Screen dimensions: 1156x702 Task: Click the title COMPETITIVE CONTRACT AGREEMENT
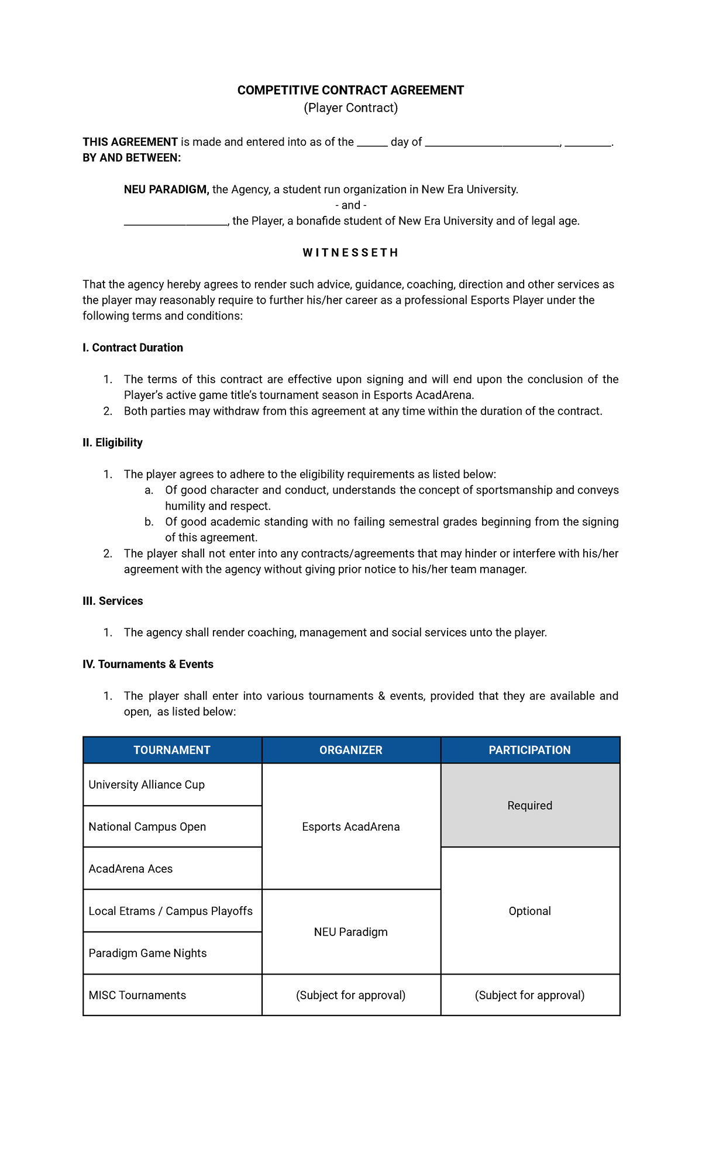pyautogui.click(x=350, y=90)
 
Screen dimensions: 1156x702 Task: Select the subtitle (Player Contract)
pyautogui.click(x=350, y=108)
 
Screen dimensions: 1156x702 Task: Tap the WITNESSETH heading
pyautogui.click(x=350, y=253)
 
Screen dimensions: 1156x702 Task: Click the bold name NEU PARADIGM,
pyautogui.click(x=166, y=190)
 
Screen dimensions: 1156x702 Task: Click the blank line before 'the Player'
pyautogui.click(x=175, y=222)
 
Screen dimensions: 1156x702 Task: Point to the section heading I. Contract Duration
pyautogui.click(x=133, y=348)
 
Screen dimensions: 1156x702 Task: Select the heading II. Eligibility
pyautogui.click(x=112, y=442)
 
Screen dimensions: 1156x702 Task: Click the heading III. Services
pyautogui.click(x=112, y=601)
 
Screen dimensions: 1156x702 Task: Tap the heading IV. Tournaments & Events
pyautogui.click(x=147, y=664)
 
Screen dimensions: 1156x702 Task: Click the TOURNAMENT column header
pyautogui.click(x=172, y=750)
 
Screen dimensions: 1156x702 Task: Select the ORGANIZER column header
pyautogui.click(x=351, y=750)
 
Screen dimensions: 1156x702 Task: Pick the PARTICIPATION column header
pyautogui.click(x=530, y=750)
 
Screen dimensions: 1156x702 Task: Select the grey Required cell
pyautogui.click(x=530, y=806)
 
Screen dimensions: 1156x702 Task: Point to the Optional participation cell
pyautogui.click(x=530, y=911)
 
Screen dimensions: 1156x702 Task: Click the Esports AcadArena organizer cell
pyautogui.click(x=351, y=827)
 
